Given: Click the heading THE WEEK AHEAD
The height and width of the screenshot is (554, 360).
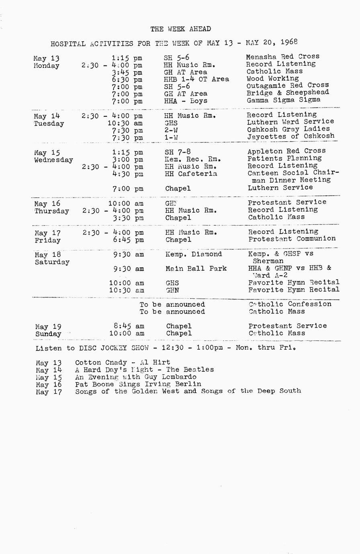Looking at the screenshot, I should coord(180,29).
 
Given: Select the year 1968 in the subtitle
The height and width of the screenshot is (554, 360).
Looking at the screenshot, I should coord(289,42).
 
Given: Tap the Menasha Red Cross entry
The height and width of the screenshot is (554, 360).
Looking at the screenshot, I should coord(282,57).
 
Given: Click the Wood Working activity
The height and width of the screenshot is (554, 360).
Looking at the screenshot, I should coord(272,79).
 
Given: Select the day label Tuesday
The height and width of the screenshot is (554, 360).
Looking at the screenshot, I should coord(49,124).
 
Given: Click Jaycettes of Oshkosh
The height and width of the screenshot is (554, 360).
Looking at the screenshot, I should coord(290,136).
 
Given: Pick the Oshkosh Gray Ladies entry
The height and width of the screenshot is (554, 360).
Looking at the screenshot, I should coord(288,129).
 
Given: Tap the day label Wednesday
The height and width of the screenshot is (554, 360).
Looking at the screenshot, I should coord(53,160).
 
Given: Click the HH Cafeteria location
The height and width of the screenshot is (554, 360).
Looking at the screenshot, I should coord(191,174).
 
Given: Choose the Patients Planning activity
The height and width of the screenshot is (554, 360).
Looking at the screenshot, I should coord(284,159).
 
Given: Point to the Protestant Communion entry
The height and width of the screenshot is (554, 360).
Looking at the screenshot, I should coord(292,239).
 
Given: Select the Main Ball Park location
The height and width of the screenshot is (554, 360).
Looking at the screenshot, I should coord(196,269).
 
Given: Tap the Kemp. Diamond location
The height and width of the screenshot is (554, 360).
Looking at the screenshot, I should coord(194,254).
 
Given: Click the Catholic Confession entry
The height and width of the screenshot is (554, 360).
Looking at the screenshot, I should coord(290,304).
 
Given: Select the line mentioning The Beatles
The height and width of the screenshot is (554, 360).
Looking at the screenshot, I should coord(144,370).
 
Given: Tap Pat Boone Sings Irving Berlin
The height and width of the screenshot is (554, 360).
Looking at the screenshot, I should coord(138,384).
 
